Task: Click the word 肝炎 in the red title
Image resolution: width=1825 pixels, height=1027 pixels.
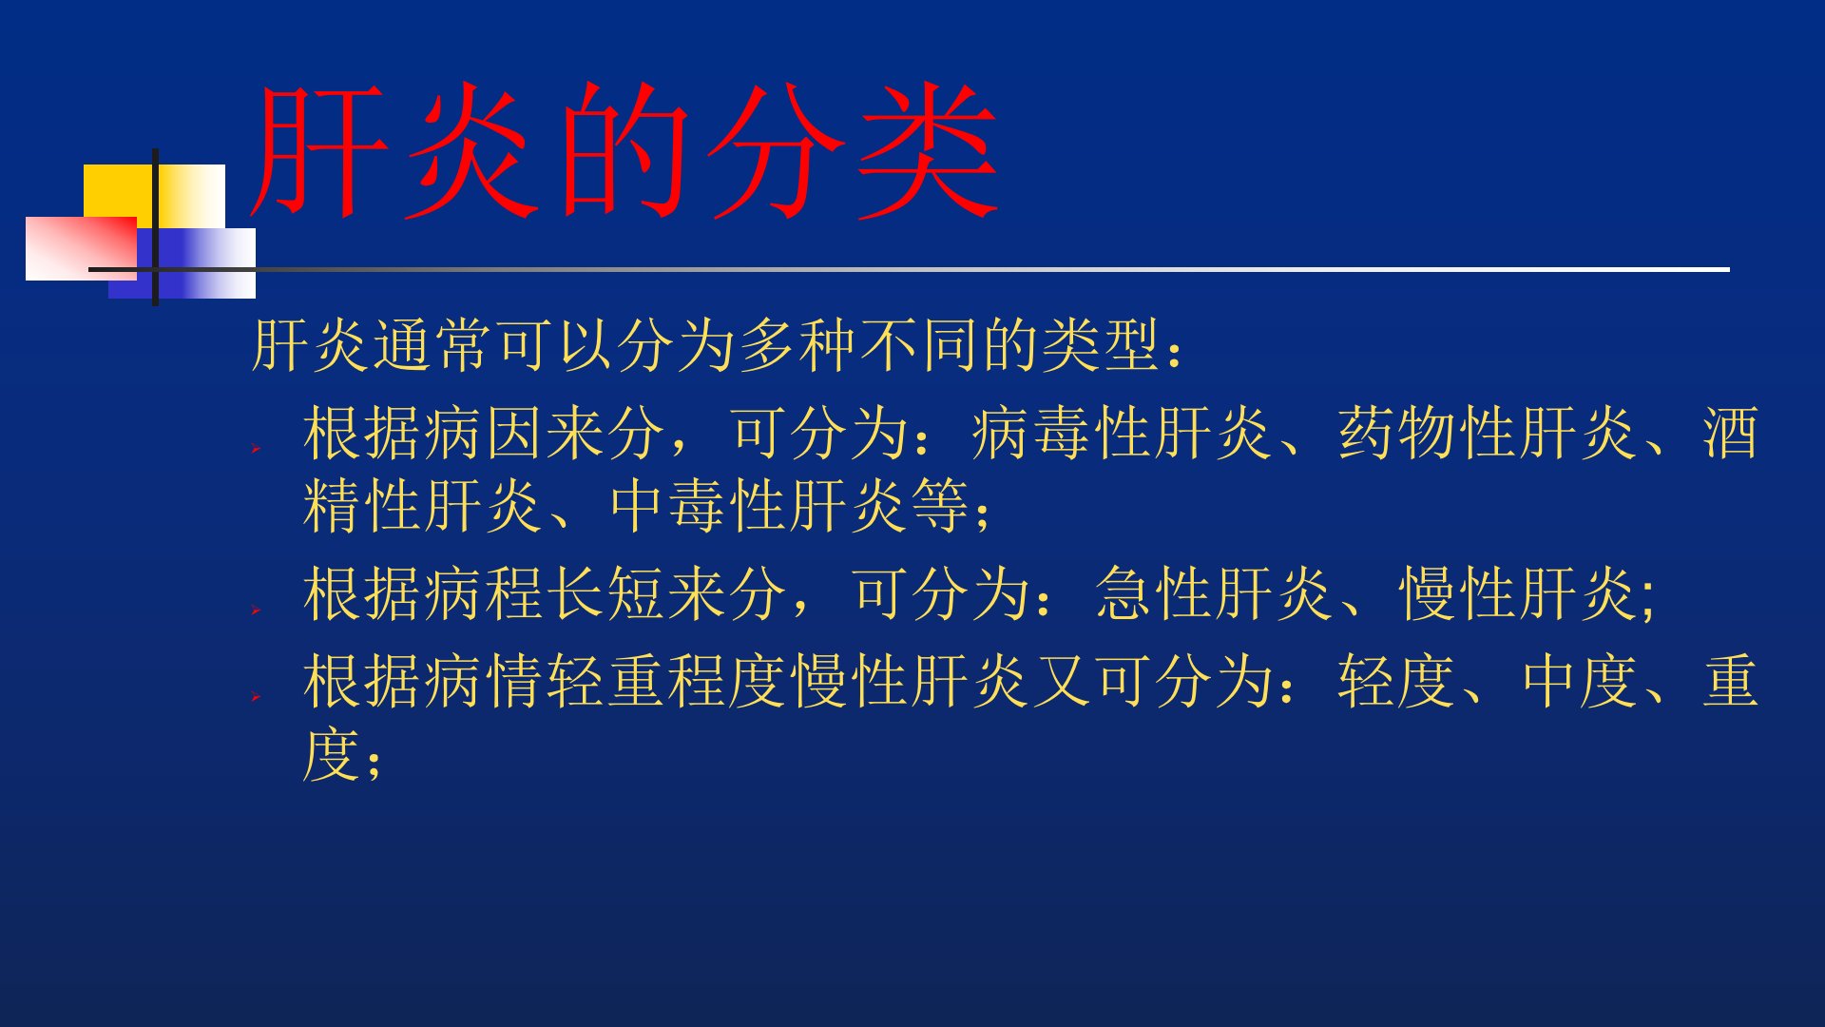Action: coord(390,150)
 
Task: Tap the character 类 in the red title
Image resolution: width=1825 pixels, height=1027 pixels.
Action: coord(927,150)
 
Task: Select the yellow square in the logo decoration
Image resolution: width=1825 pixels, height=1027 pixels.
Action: coord(154,196)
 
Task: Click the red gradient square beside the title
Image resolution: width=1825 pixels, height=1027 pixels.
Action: coord(81,248)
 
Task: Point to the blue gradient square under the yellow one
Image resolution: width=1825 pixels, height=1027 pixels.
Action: coord(182,263)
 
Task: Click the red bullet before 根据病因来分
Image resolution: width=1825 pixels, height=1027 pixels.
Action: coord(256,447)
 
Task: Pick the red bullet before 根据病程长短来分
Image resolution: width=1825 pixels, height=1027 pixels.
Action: coord(256,609)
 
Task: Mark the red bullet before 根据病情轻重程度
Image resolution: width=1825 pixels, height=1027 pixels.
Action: coord(256,697)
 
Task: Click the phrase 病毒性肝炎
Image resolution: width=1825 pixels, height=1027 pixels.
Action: coord(1123,433)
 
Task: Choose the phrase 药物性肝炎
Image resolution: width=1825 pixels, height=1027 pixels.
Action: coord(1488,433)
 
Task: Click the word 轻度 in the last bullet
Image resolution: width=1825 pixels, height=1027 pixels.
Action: coord(1396,682)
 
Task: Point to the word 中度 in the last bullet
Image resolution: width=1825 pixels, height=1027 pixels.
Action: coord(1579,682)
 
